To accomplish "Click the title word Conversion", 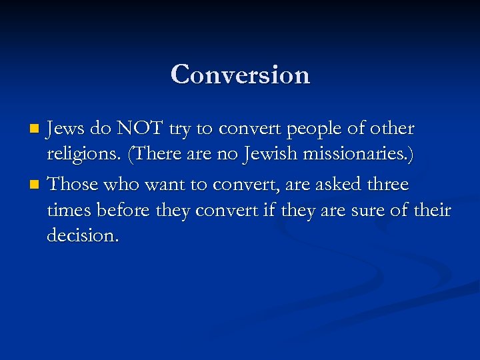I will pyautogui.click(x=240, y=74).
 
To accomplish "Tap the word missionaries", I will pyautogui.click(x=352, y=156).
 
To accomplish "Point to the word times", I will pyautogui.click(x=69, y=211).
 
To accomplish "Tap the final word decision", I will pyautogui.click(x=83, y=236).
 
